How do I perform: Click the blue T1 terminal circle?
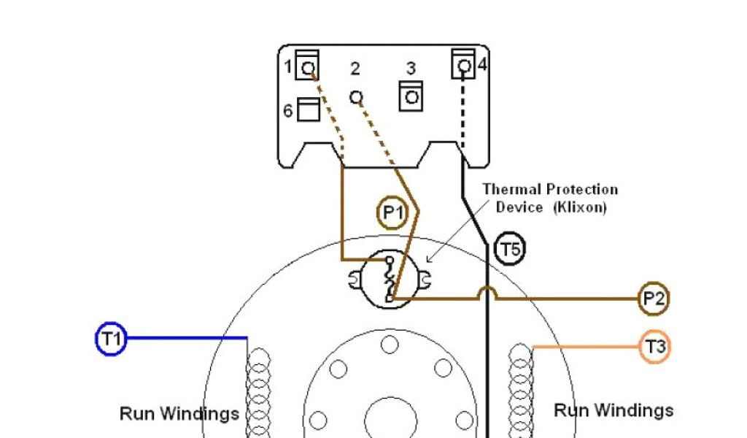(111, 339)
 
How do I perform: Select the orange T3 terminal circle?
(654, 347)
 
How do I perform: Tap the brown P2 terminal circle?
(653, 299)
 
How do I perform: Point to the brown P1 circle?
(392, 213)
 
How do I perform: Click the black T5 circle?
(509, 250)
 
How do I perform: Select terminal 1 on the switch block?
(308, 66)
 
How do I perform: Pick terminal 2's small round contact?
(356, 96)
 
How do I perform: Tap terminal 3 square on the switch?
(411, 96)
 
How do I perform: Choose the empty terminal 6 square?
(309, 111)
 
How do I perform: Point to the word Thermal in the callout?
(510, 190)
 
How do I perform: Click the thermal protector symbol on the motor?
(390, 279)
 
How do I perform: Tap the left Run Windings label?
(179, 414)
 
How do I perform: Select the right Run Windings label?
(614, 410)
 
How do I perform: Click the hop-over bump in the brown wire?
(487, 292)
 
